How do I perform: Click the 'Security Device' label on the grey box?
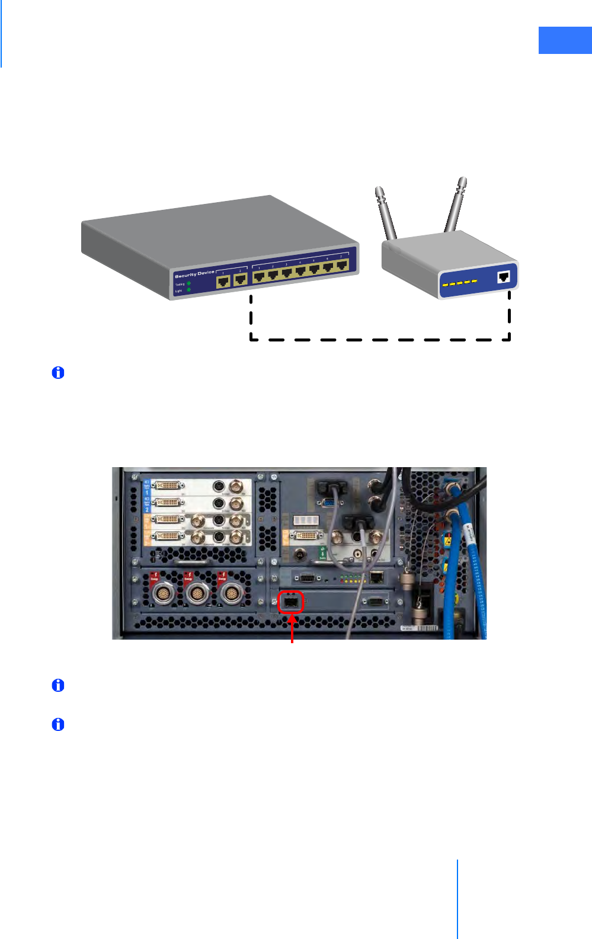pos(194,274)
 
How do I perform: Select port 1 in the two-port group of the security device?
pos(223,280)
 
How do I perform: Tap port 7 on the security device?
pos(342,265)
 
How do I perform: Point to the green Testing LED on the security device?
pos(189,284)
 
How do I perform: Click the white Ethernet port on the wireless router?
pos(504,276)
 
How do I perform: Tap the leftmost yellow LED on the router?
pos(445,285)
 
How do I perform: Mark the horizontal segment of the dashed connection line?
pos(379,340)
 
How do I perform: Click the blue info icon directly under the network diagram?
pos(58,373)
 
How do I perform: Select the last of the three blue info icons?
pos(58,724)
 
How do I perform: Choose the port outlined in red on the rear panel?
pos(291,602)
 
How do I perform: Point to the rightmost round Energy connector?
pos(231,593)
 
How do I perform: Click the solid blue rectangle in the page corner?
pos(565,40)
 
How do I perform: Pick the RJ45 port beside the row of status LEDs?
pos(376,577)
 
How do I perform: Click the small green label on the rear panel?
pos(322,553)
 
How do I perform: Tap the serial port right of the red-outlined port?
pos(375,601)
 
